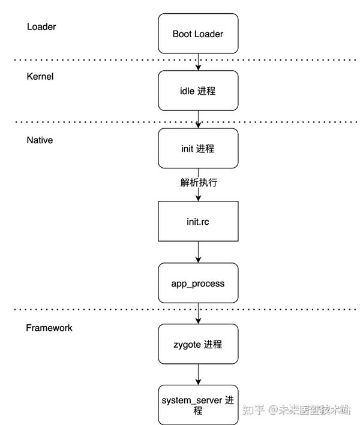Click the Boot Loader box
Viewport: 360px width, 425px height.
[x=197, y=34]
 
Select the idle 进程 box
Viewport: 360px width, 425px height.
[x=197, y=91]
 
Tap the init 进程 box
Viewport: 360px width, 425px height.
[x=197, y=148]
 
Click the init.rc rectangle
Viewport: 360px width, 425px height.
[x=197, y=221]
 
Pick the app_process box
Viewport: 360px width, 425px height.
[x=197, y=282]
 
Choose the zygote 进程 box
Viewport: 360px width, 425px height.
[x=197, y=344]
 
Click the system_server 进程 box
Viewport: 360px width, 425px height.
[x=197, y=405]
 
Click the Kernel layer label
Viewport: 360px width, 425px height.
[x=40, y=77]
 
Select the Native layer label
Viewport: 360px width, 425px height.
[x=40, y=140]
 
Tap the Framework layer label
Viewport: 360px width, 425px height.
[x=49, y=328]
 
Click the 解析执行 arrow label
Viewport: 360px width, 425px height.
[x=197, y=183]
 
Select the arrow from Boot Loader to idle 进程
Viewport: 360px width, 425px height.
[x=197, y=62]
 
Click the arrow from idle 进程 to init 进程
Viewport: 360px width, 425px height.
[x=197, y=119]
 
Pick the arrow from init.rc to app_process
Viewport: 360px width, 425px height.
[x=197, y=252]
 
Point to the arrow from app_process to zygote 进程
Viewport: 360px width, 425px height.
[x=197, y=314]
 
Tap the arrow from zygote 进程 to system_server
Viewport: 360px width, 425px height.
[x=197, y=375]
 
